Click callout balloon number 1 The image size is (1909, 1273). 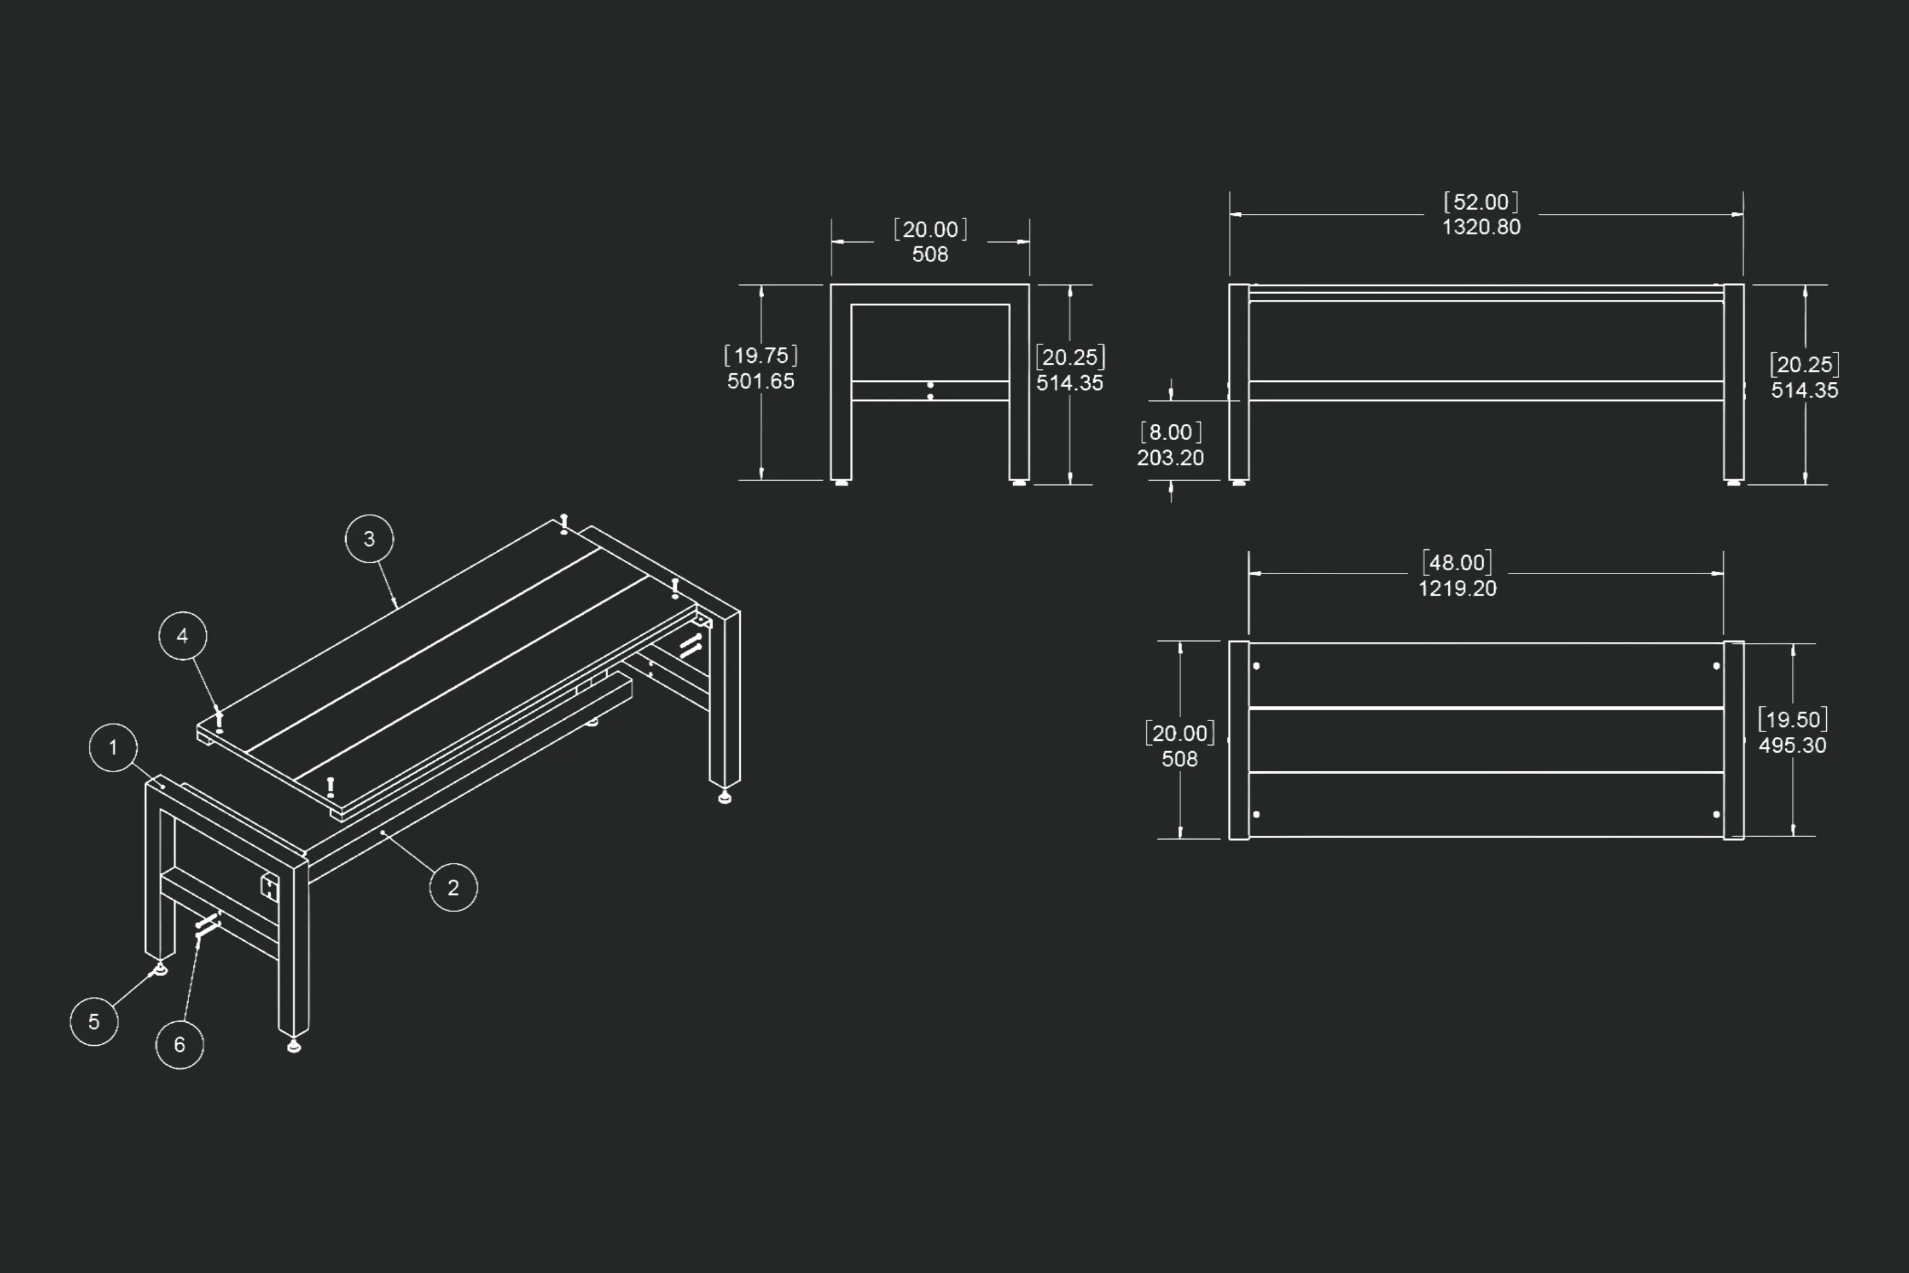[113, 748]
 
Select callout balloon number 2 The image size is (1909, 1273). [453, 887]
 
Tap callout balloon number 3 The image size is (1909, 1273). [369, 539]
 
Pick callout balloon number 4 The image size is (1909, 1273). [183, 636]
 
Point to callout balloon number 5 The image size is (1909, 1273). [94, 1022]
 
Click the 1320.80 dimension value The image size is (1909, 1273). [1481, 227]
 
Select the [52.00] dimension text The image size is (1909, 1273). [1481, 202]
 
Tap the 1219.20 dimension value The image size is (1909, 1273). [1458, 589]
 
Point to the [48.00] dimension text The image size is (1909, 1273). [1458, 563]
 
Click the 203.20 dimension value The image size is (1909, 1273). [1170, 458]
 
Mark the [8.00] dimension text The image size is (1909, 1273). [1170, 432]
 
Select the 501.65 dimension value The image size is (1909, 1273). [760, 381]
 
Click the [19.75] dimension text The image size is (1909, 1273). [760, 356]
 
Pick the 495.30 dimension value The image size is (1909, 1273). [1792, 745]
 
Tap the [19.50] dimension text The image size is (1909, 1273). [1792, 719]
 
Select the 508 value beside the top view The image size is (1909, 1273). [1179, 759]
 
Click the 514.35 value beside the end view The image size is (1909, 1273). [1070, 383]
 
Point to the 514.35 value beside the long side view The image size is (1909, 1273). [1804, 391]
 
